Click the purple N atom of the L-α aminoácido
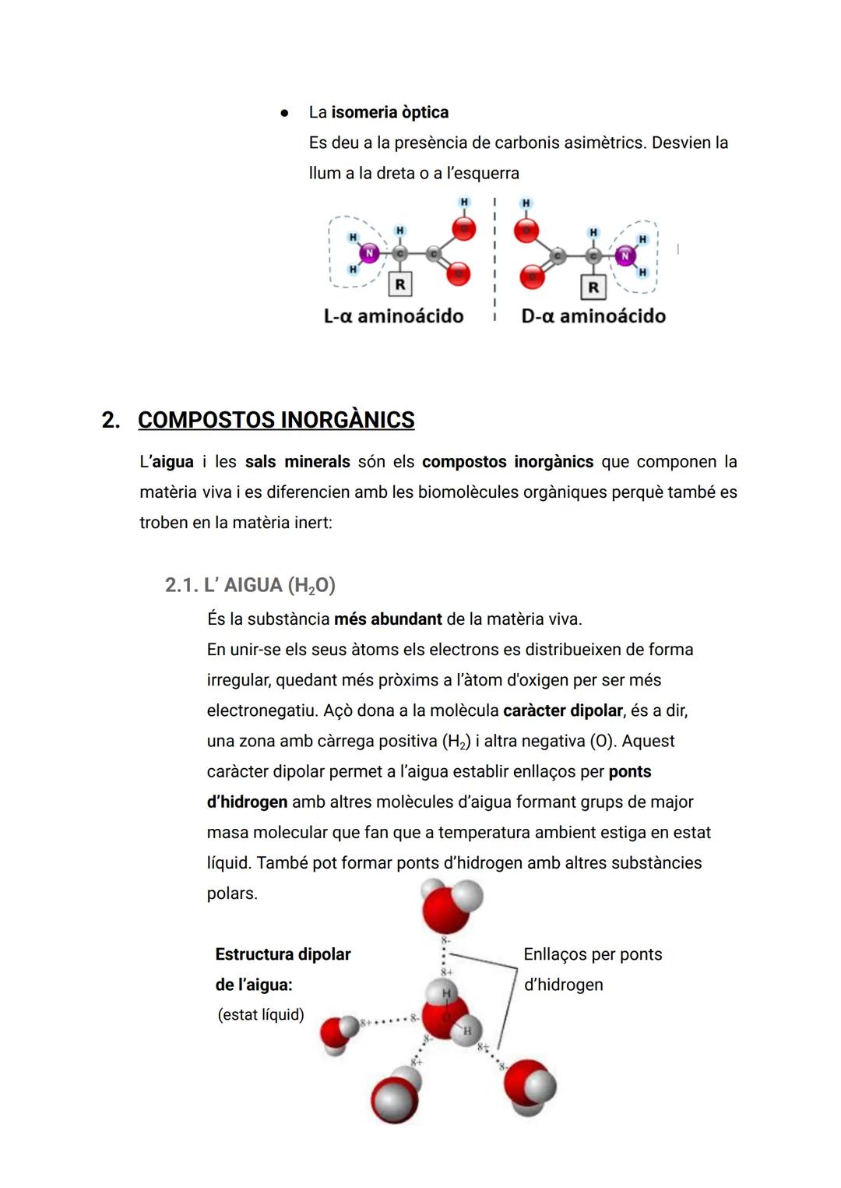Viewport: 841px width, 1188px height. (x=369, y=253)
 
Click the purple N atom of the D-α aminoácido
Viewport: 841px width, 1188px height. (x=624, y=255)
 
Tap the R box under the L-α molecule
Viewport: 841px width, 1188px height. (x=399, y=284)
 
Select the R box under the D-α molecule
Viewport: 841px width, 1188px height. (x=593, y=287)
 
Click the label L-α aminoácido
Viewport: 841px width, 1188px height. (x=393, y=316)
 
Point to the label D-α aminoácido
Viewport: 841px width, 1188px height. (x=593, y=316)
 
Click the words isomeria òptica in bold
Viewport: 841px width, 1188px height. (x=389, y=112)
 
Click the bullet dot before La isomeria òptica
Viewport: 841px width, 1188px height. (x=284, y=113)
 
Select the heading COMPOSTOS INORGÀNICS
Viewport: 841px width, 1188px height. (x=276, y=420)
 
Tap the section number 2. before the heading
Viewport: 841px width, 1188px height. (x=111, y=420)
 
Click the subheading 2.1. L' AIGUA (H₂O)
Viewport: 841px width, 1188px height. (x=250, y=585)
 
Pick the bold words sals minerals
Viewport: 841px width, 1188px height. (x=297, y=462)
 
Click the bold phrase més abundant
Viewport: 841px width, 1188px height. (x=388, y=619)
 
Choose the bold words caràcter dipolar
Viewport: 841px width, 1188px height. (x=563, y=710)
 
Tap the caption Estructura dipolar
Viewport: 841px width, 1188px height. (x=283, y=954)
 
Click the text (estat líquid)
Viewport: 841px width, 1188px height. (x=261, y=1015)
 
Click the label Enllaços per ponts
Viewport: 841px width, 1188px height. (x=593, y=954)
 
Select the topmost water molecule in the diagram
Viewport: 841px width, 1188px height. (x=450, y=904)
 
